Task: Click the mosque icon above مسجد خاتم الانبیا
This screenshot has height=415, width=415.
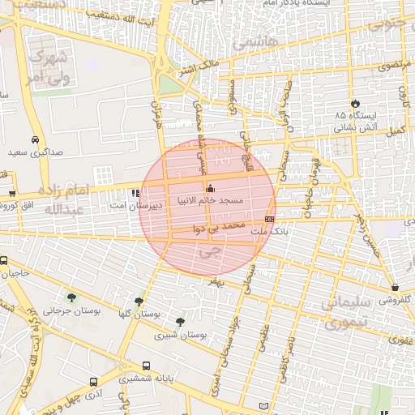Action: coord(212,189)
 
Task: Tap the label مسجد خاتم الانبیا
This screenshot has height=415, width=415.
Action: coord(216,199)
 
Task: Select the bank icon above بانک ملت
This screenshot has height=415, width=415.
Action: coord(269,219)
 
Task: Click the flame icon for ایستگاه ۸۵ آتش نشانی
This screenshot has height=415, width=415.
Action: coord(354,103)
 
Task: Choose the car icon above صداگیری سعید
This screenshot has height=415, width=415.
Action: coord(35,139)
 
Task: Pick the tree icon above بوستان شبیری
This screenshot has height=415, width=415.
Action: coord(179,322)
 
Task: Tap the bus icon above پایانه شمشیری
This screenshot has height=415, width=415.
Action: coord(146,366)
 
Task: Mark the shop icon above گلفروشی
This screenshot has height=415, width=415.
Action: coord(395,287)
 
